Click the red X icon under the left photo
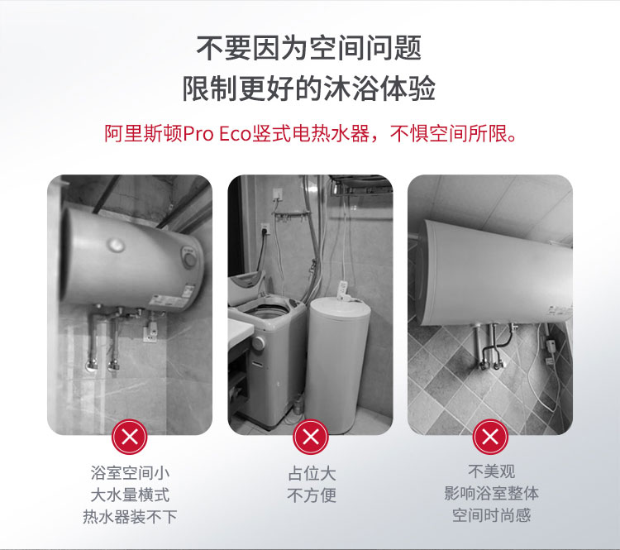[129, 437]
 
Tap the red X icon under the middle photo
[311, 437]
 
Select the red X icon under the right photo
[490, 437]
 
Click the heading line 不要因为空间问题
[309, 48]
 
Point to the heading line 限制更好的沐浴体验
[309, 88]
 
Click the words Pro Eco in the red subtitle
[217, 134]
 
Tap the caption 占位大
[312, 473]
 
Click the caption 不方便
[312, 495]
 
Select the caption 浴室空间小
[130, 473]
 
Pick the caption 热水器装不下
[130, 517]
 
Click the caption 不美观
[492, 471]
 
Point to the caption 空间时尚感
[492, 515]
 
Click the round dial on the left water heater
[190, 260]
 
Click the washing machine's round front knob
[259, 343]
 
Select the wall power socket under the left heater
[150, 332]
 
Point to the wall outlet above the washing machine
[265, 228]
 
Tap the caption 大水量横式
[130, 495]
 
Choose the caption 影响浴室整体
[492, 494]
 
